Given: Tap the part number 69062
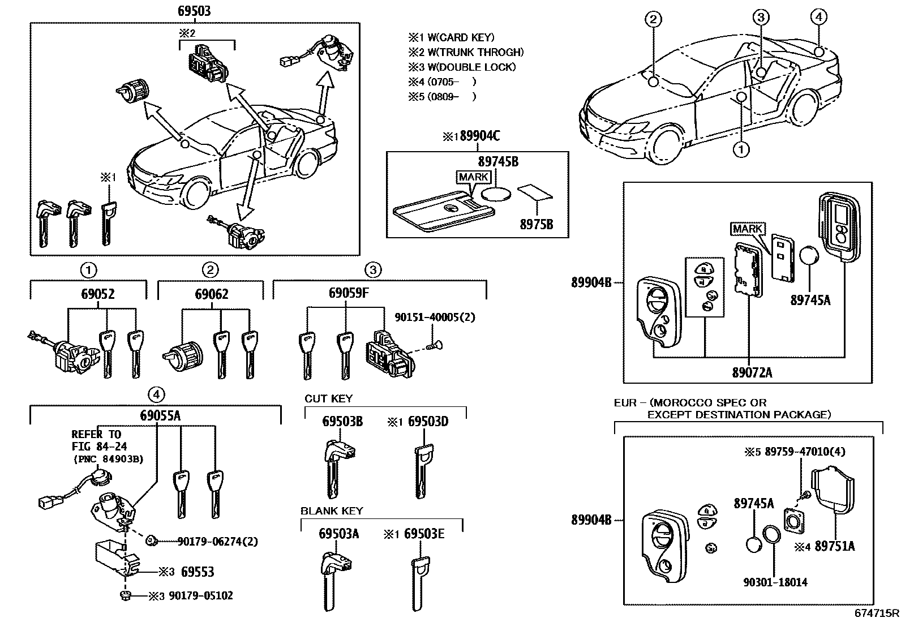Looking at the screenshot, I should (x=212, y=294).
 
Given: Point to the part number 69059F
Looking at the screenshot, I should (x=349, y=294).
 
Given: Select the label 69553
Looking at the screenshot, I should (x=198, y=572).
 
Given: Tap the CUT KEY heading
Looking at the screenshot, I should (x=328, y=398).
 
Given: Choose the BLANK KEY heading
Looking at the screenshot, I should (x=332, y=511).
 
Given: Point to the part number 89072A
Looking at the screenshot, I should (x=752, y=372).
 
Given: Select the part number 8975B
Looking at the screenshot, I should (x=536, y=225).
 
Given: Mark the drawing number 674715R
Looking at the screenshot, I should (x=877, y=613).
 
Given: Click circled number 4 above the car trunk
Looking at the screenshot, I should (x=818, y=17).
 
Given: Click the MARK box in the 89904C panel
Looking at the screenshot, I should (x=474, y=177).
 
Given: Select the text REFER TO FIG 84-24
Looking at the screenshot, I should (x=96, y=440).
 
